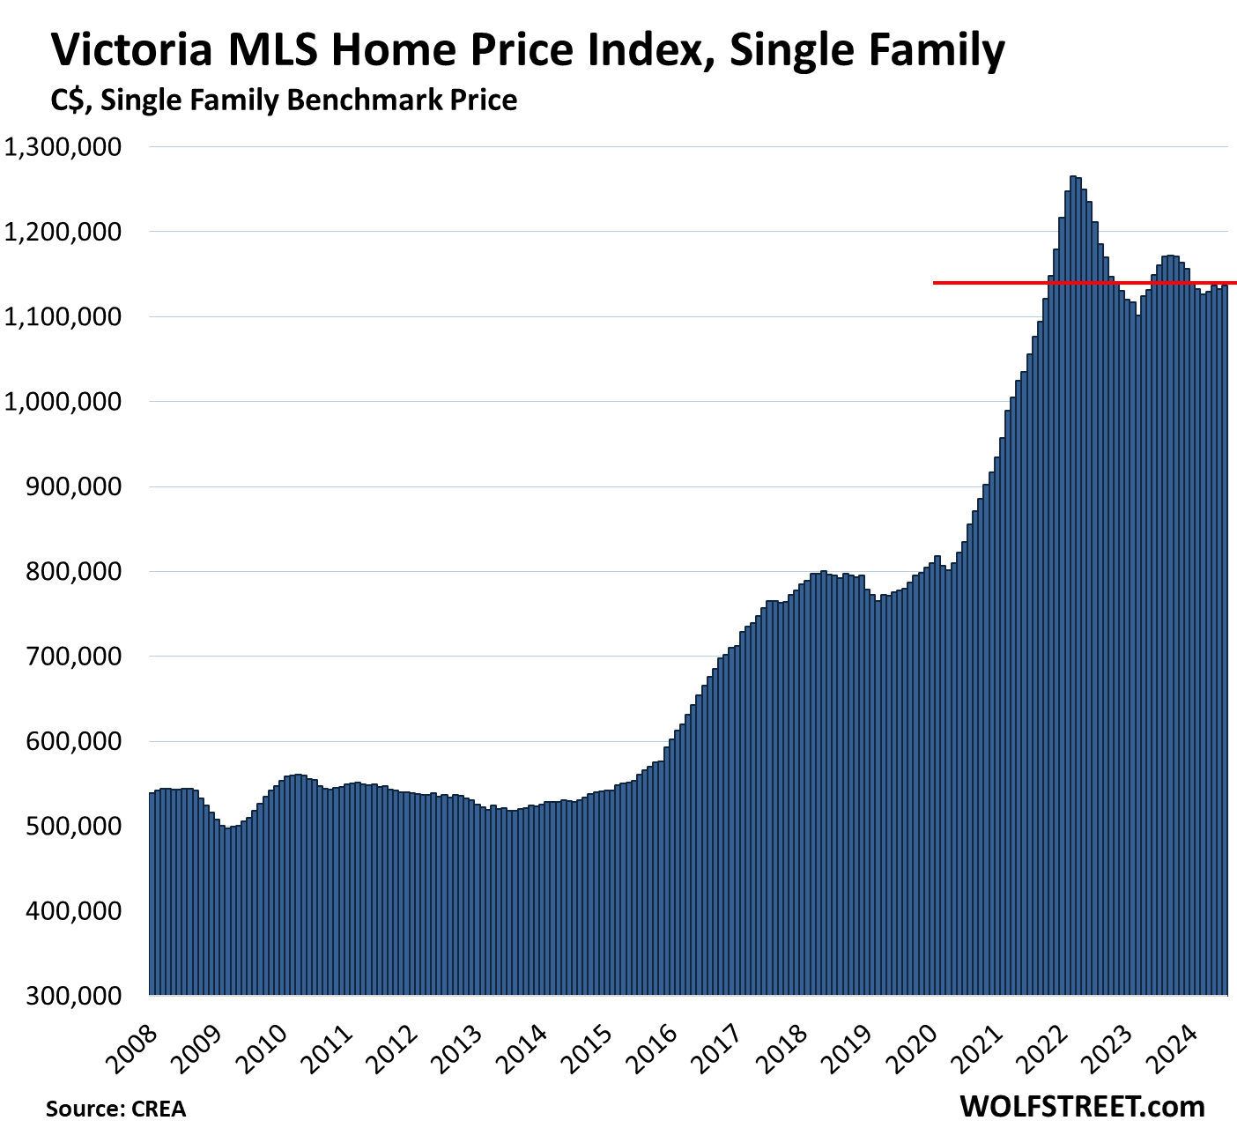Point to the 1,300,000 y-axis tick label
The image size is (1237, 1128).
pos(63,147)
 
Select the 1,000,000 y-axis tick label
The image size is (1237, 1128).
pos(63,402)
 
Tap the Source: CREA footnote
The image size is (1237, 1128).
pos(115,1108)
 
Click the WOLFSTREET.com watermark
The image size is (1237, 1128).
pos(1082,1105)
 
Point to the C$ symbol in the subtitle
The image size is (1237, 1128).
pos(68,100)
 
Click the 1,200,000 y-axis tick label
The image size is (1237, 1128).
pos(63,232)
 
